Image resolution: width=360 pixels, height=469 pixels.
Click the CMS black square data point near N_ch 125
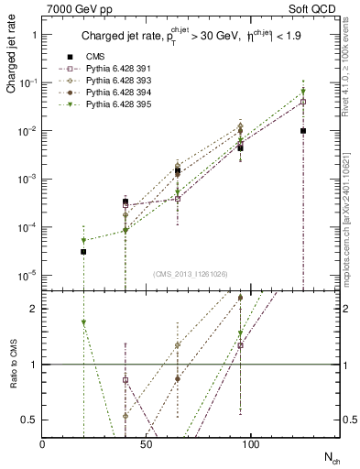point(302,131)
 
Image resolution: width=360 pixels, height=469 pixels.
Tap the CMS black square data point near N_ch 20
point(83,251)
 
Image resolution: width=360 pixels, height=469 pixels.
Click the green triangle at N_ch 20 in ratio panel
point(83,322)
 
